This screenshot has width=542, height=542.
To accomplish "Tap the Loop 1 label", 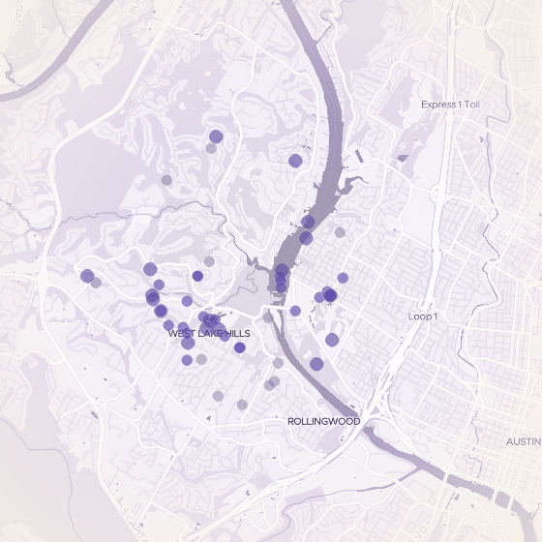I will [x=423, y=316].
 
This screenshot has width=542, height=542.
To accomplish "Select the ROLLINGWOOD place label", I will [x=324, y=422].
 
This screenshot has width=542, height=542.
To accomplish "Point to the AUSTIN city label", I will [x=524, y=441].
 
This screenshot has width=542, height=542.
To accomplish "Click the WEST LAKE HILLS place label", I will [x=209, y=333].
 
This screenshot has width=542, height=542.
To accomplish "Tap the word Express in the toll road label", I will [x=437, y=104].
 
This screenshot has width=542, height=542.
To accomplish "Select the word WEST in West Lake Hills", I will [x=180, y=333].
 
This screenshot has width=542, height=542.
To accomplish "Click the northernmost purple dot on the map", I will [x=216, y=136].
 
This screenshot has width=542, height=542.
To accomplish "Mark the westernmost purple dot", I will [x=87, y=276].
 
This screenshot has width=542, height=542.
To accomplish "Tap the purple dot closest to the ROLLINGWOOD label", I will [x=316, y=364].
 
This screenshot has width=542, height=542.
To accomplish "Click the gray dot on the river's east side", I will [x=340, y=232].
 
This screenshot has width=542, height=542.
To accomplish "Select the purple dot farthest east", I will [x=343, y=278].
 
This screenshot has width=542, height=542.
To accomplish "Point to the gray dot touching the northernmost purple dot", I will [x=211, y=147].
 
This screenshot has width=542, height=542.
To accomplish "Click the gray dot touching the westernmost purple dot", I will [x=96, y=283].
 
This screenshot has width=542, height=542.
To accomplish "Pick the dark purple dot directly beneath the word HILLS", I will [x=240, y=346].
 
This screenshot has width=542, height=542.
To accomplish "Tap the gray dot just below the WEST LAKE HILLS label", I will [x=201, y=359].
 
